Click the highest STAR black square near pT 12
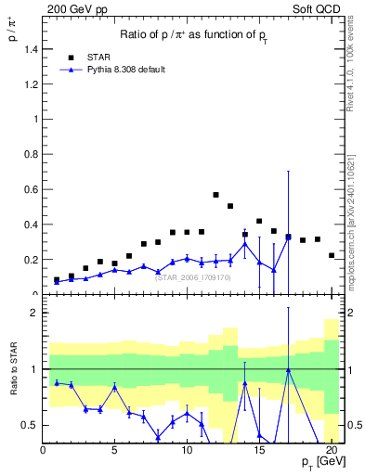click(215, 195)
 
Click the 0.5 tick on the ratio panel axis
click(30, 425)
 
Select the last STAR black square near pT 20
click(332, 255)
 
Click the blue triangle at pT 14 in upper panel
click(244, 244)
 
